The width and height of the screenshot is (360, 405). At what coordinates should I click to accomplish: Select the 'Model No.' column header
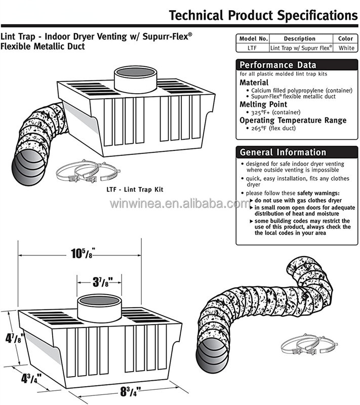[x=253, y=38]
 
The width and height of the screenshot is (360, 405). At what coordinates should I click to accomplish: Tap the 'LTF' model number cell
[x=253, y=48]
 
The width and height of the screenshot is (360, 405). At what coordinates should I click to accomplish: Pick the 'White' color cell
[x=346, y=48]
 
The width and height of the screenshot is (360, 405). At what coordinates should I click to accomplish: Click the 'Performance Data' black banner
[x=277, y=65]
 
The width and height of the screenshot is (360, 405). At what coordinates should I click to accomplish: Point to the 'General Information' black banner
[x=283, y=152]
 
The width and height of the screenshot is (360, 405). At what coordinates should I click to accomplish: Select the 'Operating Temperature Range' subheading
[x=293, y=120]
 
